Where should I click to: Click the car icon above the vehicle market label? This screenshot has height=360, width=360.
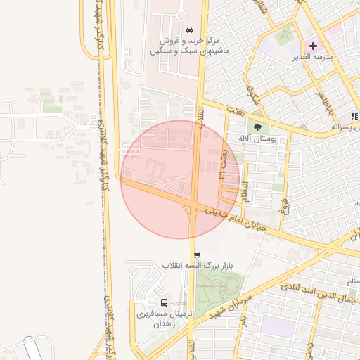click(189, 30)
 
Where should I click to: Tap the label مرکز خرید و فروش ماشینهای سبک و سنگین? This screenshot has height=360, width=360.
click(180, 46)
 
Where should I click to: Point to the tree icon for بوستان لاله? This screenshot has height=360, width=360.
click(257, 127)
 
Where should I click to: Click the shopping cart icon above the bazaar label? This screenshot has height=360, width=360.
click(196, 255)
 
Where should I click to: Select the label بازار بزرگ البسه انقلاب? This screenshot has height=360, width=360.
click(193, 266)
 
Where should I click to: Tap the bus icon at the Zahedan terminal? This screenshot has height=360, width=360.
click(164, 300)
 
